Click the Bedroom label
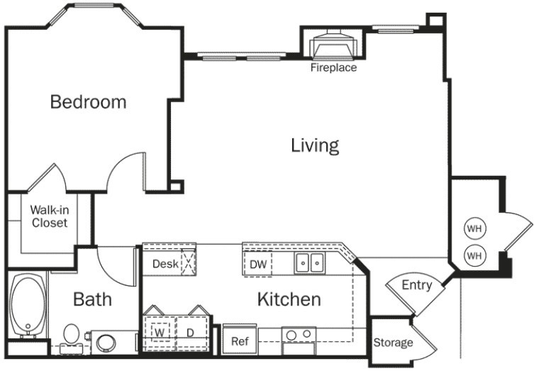pyautogui.click(x=88, y=102)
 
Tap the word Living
pyautogui.click(x=315, y=145)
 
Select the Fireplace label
pyautogui.click(x=333, y=67)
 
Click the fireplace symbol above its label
pyautogui.click(x=334, y=44)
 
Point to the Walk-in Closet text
pyautogui.click(x=50, y=216)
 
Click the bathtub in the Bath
pyautogui.click(x=28, y=305)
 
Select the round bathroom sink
pyautogui.click(x=106, y=343)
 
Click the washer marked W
pyautogui.click(x=160, y=333)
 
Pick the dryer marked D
pyautogui.click(x=191, y=333)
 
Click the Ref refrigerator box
pyautogui.click(x=240, y=340)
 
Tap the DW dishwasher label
pyautogui.click(x=258, y=265)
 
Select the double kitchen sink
pyautogui.click(x=310, y=263)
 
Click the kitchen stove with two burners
pyautogui.click(x=299, y=340)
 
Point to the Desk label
pyautogui.click(x=165, y=264)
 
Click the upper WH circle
pyautogui.click(x=474, y=228)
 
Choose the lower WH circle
pyautogui.click(x=474, y=255)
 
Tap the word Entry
pyautogui.click(x=417, y=284)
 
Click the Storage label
pyautogui.click(x=393, y=343)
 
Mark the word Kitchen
pyautogui.click(x=289, y=299)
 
